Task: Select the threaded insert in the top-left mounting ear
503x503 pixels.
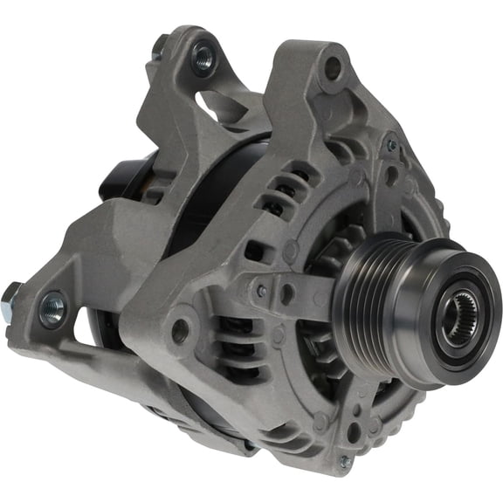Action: (x=203, y=59)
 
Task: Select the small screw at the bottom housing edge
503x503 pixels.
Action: (x=344, y=462)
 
